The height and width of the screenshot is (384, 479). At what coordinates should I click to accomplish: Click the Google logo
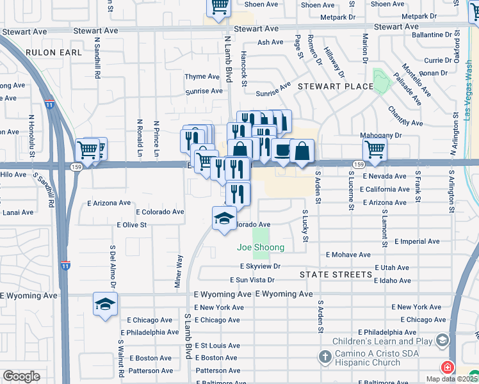pyautogui.click(x=21, y=376)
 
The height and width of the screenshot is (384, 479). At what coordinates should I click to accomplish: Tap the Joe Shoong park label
pyautogui.click(x=261, y=247)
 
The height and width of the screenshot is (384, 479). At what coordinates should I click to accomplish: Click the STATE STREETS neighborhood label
pyautogui.click(x=336, y=275)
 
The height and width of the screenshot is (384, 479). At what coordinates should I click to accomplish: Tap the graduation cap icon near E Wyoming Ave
pyautogui.click(x=105, y=303)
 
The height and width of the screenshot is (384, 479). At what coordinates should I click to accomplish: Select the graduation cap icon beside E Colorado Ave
pyautogui.click(x=224, y=218)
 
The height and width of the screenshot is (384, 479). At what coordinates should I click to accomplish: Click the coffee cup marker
pyautogui.click(x=282, y=150)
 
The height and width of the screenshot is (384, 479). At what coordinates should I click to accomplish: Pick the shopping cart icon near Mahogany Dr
pyautogui.click(x=375, y=150)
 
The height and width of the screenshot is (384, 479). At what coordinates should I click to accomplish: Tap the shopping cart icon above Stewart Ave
pyautogui.click(x=218, y=6)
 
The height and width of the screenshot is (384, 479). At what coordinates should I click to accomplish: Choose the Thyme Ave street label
pyautogui.click(x=202, y=77)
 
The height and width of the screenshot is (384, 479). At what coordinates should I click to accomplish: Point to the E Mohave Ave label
pyautogui.click(x=348, y=255)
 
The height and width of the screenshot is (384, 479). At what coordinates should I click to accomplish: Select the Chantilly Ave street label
pyautogui.click(x=405, y=116)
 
